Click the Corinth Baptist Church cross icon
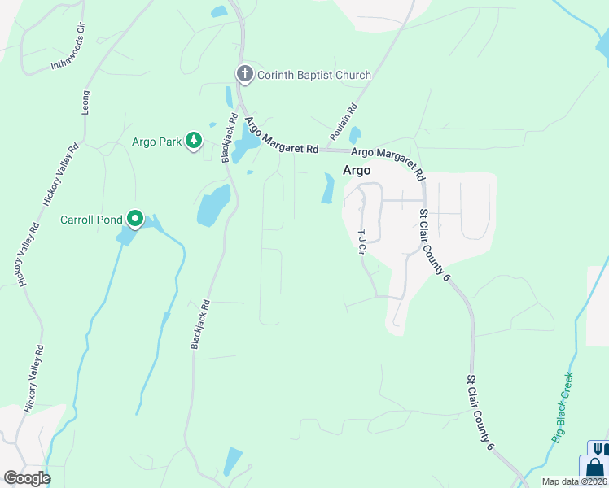[244, 75]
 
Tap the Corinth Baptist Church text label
[314, 75]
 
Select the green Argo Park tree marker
[194, 142]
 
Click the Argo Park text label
[157, 142]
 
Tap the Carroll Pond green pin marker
[135, 219]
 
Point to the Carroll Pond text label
[91, 220]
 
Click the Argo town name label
[357, 171]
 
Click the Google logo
[27, 478]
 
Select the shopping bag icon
[595, 468]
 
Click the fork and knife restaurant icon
[599, 448]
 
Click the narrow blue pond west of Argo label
[329, 189]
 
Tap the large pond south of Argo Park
[214, 205]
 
